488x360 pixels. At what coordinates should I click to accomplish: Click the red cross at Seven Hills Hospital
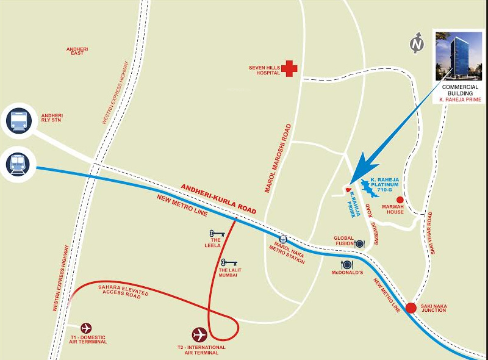click(x=289, y=68)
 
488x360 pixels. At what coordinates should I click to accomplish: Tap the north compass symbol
click(x=417, y=44)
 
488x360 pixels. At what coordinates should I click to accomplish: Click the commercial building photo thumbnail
click(x=459, y=57)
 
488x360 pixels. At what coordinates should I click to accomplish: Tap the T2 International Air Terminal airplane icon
click(x=199, y=334)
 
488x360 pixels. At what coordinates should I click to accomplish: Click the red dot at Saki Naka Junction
click(x=412, y=308)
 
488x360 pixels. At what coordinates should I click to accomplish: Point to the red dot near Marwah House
click(x=400, y=200)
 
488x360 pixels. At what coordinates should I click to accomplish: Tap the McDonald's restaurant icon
click(x=347, y=264)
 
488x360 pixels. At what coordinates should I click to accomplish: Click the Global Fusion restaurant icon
click(x=359, y=243)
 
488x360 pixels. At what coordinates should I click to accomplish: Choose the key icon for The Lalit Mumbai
click(x=230, y=262)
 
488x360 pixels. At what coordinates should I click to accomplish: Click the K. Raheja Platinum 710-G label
click(x=385, y=184)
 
